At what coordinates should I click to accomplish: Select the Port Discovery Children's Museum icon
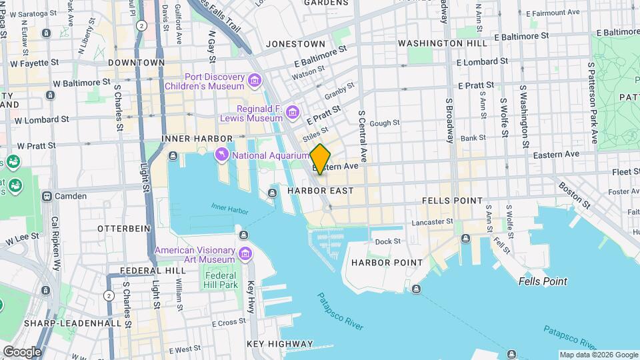coord(253,81)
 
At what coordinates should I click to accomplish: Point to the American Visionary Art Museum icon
coord(245,255)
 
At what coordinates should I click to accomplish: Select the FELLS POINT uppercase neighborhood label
coord(452,200)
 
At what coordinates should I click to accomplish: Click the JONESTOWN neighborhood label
coord(295,43)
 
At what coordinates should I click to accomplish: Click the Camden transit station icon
coord(47,196)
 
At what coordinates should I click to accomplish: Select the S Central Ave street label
coord(363,137)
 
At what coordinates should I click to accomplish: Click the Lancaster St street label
coord(432,221)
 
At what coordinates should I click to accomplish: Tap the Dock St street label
coord(387,241)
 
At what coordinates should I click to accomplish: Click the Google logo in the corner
coord(22,351)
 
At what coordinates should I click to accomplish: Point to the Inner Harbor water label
coord(229,209)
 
